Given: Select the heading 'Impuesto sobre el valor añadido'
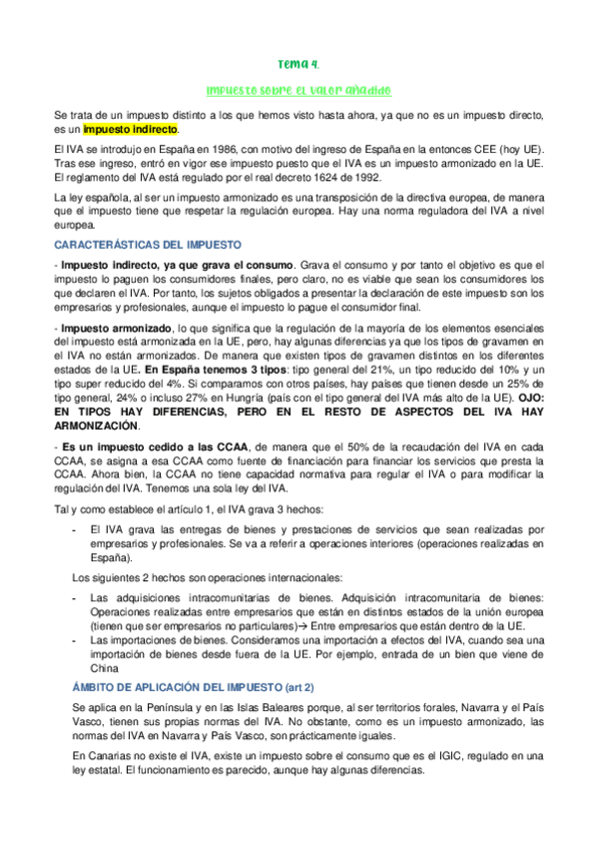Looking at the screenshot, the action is point(299,89).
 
